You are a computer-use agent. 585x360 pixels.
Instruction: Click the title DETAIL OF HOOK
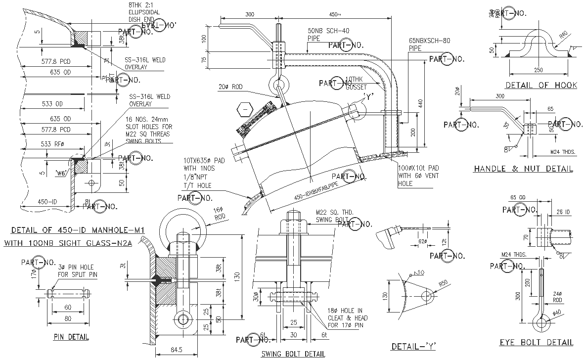(541, 85)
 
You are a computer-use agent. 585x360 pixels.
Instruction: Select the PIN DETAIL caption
(71, 337)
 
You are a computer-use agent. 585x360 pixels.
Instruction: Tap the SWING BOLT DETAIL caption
(293, 354)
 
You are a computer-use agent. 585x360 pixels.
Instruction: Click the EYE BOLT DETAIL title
(536, 342)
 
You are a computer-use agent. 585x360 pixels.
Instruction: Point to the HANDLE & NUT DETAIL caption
(523, 169)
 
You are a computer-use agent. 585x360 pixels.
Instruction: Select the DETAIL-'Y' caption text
(413, 346)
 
